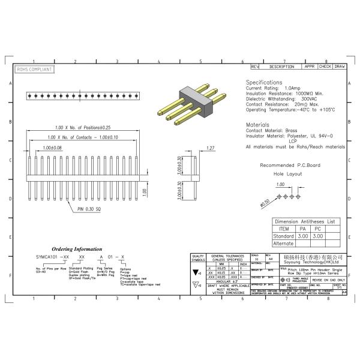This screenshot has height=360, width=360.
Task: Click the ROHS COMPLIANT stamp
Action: point(34,70)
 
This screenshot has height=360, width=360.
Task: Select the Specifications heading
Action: point(264,82)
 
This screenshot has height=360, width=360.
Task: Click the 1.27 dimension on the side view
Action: point(210,148)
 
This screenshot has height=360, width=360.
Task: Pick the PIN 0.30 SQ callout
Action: point(91,209)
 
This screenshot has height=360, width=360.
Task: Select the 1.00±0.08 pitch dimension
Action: point(52,147)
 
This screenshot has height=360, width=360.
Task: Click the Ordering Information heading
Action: point(76,248)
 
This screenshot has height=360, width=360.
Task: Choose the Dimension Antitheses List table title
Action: point(305,221)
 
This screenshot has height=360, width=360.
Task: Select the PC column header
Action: point(318,229)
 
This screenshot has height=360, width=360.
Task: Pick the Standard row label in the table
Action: point(283,236)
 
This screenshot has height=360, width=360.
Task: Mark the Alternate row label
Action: point(283,244)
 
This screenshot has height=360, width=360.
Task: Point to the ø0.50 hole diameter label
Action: point(265,203)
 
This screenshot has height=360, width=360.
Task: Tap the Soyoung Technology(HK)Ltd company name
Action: point(311,262)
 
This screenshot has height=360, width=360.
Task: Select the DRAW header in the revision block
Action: point(340,66)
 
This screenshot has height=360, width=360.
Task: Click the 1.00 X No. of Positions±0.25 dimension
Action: point(83,127)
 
